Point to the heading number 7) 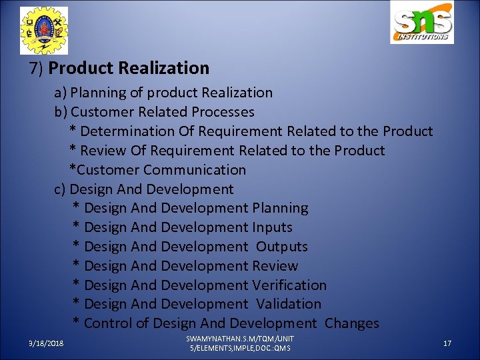[x=37, y=68]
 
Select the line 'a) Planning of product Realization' [x=163, y=93]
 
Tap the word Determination [x=127, y=131]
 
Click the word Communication [x=195, y=170]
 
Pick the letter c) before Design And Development [x=60, y=189]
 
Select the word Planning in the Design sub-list [x=280, y=208]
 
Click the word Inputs [x=272, y=227]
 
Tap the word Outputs [x=282, y=247]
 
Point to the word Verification [x=289, y=285]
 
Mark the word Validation [x=289, y=304]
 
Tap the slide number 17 [x=447, y=343]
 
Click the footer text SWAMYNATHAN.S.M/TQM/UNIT [x=240, y=339]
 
